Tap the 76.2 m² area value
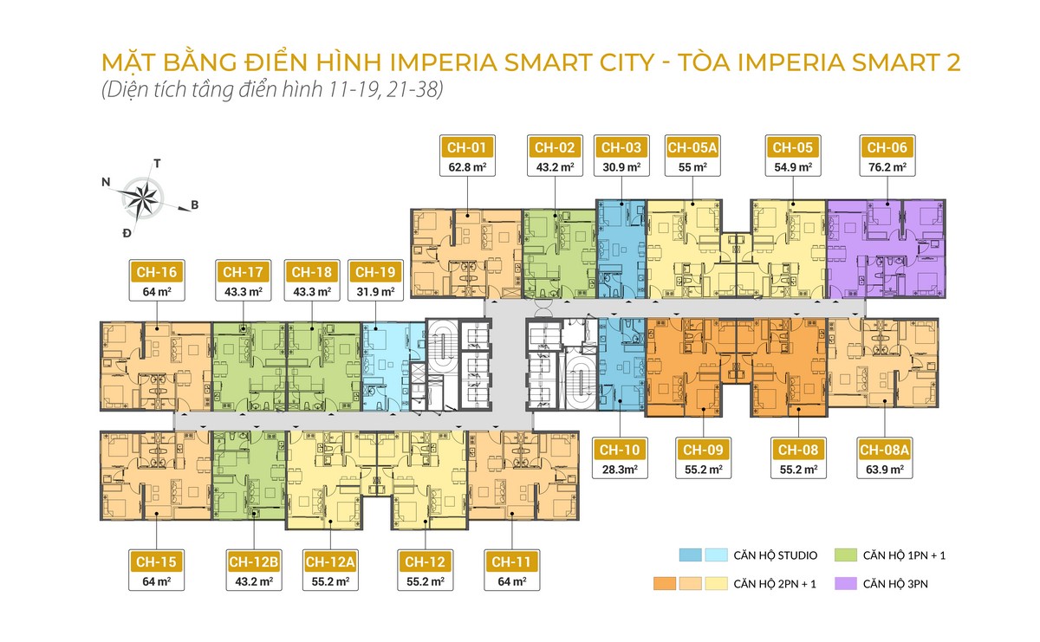pos(886,166)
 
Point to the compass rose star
pos(143,198)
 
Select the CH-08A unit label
pos(884,451)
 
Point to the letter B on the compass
pos(194,205)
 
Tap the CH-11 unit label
pos(511,561)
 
